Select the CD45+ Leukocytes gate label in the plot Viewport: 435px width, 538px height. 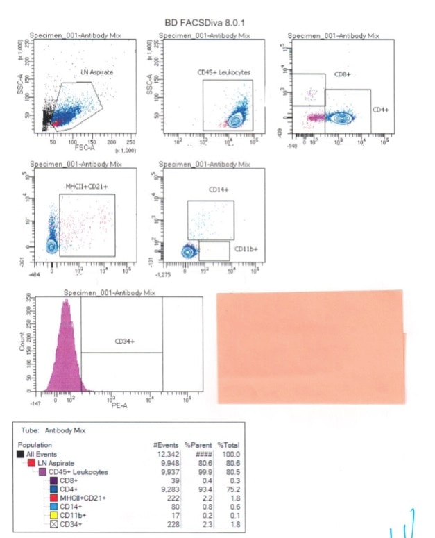[223, 72]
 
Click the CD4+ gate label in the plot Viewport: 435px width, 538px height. [379, 110]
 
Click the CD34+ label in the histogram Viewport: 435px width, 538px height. [124, 342]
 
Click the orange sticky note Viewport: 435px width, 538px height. [310, 347]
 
